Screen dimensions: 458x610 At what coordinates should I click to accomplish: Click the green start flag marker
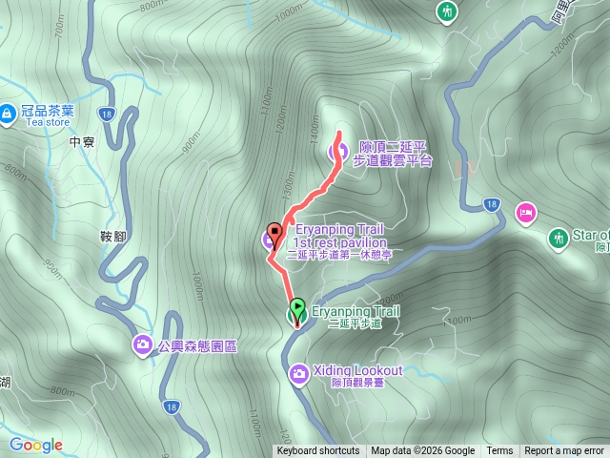pos(297,308)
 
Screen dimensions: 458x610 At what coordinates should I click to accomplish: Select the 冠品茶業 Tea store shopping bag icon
pos(8,114)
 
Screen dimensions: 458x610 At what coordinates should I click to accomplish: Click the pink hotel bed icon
pos(525,212)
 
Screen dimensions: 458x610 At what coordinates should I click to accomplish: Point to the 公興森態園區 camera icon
pos(142,344)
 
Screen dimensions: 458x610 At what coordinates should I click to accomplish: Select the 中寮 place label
pos(83,143)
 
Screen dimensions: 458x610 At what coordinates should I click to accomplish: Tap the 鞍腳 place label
pos(112,236)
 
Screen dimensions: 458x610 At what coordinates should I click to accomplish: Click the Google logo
pos(35,445)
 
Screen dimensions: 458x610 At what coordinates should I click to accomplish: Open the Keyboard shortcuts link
pos(318,451)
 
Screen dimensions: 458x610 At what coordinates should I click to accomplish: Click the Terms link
pos(499,451)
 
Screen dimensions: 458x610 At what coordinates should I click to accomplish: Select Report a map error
pos(564,451)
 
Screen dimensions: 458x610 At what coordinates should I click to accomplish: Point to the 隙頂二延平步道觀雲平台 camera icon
pos(337,151)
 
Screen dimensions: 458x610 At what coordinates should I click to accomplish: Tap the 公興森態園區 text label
pos(196,345)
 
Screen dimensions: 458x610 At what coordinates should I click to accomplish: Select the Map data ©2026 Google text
pos(423,451)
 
